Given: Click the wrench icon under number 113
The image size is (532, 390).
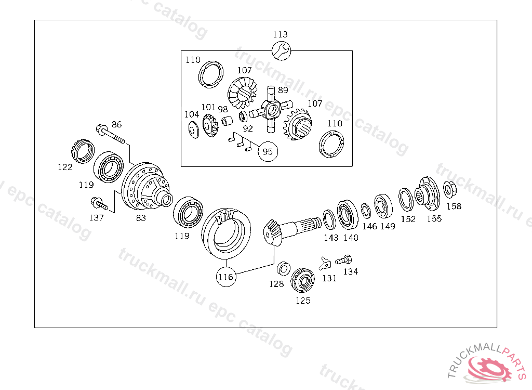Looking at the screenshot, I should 281,50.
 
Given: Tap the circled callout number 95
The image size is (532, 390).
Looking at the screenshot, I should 268,152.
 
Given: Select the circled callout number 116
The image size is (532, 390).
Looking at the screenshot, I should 226,277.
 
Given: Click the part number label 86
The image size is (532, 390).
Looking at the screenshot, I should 117,124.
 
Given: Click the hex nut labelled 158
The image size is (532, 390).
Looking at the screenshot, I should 449,188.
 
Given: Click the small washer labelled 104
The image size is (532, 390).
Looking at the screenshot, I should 192,128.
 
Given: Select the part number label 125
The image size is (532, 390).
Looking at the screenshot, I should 303,300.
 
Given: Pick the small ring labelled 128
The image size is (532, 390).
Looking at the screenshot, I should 284,269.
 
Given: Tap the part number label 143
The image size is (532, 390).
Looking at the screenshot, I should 331,237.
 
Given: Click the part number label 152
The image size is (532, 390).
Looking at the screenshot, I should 408,219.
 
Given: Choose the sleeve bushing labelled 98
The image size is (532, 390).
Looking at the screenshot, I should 227,123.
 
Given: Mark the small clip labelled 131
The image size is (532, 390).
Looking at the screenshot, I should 326,261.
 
